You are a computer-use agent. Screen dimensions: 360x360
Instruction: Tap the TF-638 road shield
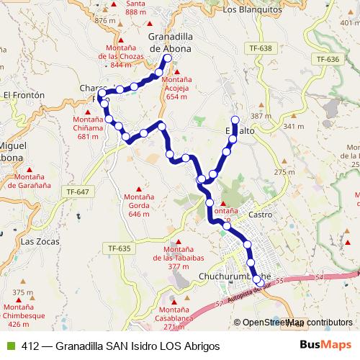(261, 48)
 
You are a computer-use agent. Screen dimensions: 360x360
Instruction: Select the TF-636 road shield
(326, 58)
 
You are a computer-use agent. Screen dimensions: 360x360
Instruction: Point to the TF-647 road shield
(77, 192)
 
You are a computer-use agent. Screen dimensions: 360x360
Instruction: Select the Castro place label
(258, 215)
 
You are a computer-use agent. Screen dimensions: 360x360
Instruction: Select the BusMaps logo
(325, 345)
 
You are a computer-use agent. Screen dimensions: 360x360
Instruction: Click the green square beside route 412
(10, 346)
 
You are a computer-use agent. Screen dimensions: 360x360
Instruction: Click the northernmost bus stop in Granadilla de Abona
(167, 58)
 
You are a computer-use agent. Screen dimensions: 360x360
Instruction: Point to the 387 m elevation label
(259, 117)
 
